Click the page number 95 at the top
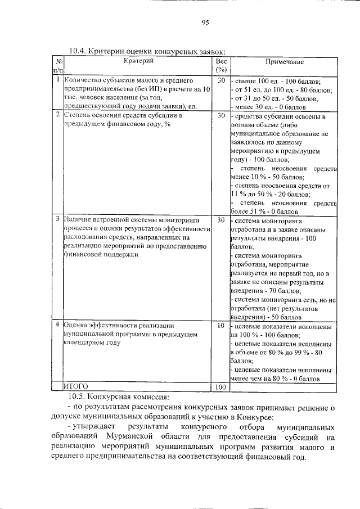click(205, 23)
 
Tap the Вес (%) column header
click(220, 65)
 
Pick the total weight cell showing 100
click(220, 387)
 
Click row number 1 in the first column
click(58, 81)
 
